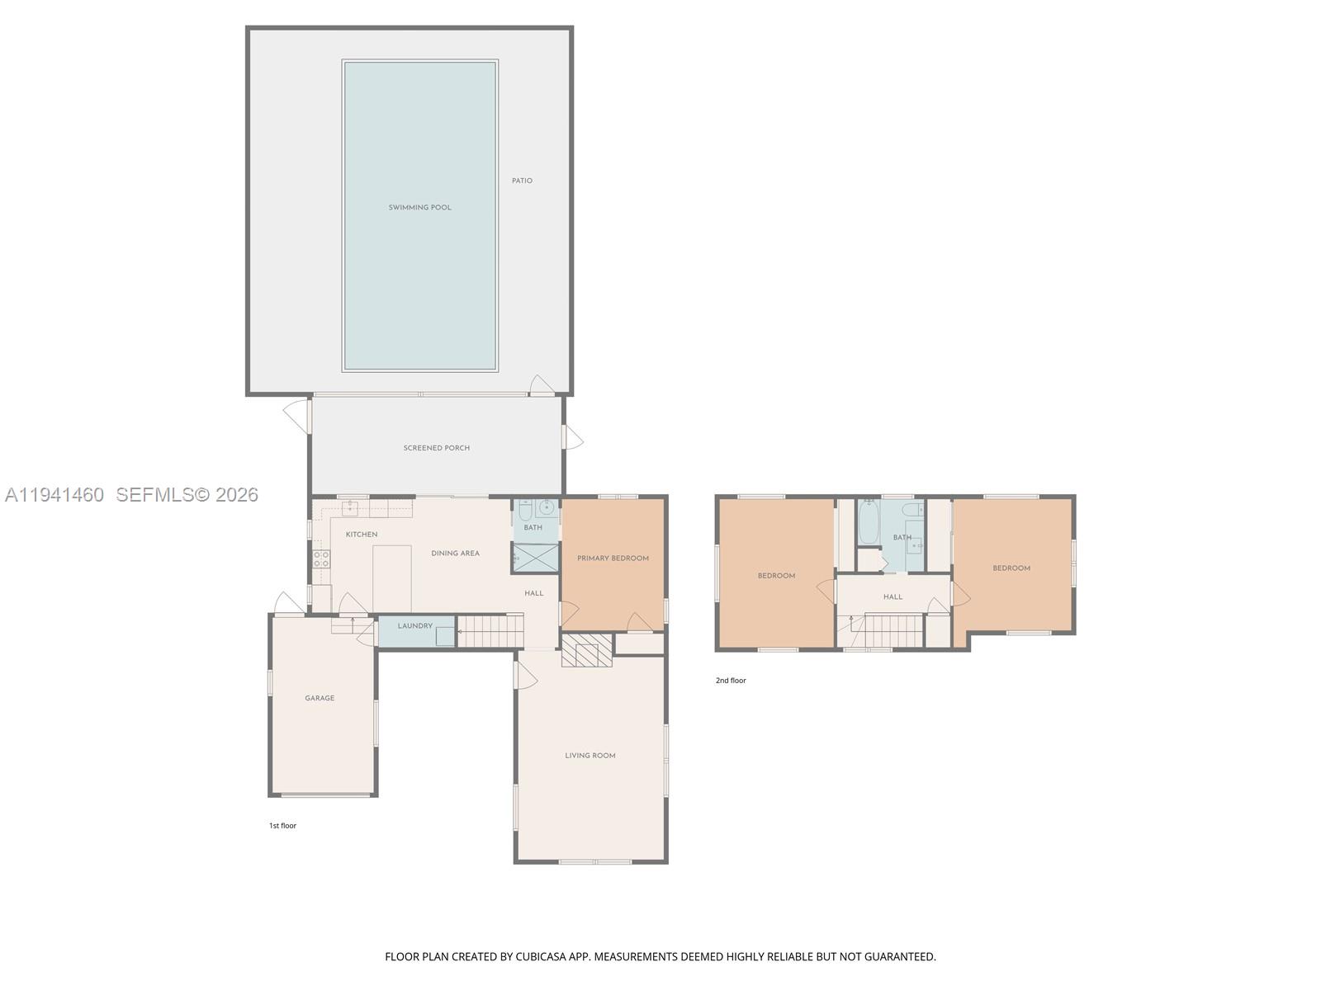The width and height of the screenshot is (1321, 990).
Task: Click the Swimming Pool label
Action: click(419, 208)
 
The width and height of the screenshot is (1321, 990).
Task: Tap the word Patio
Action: click(522, 181)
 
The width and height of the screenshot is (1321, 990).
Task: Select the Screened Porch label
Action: click(436, 448)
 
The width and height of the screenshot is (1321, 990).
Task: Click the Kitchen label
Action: click(362, 535)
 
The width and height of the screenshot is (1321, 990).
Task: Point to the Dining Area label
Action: click(455, 554)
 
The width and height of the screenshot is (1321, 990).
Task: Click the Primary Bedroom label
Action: click(613, 559)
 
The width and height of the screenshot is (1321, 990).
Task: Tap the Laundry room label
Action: click(414, 626)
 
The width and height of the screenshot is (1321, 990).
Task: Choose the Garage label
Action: click(320, 698)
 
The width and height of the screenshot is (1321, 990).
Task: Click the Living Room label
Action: click(589, 756)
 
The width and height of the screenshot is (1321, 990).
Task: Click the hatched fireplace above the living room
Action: click(586, 650)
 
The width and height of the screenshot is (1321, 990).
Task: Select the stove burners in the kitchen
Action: click(321, 559)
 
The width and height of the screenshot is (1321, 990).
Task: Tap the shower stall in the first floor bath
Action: click(535, 558)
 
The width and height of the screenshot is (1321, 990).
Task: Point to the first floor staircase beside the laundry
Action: click(490, 631)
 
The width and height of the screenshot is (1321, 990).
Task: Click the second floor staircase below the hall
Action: click(893, 631)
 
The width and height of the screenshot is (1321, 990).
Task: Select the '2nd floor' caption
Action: click(731, 681)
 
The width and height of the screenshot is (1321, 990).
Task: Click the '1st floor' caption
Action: click(282, 826)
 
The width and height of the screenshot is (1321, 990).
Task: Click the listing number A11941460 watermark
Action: click(54, 495)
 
